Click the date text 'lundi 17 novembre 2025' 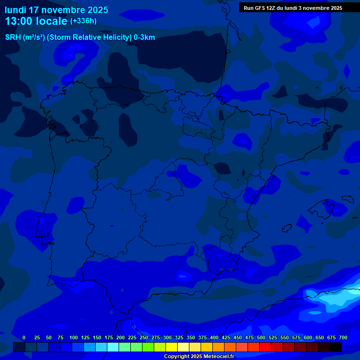[x=56, y=10]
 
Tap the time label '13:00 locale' [x=36, y=21]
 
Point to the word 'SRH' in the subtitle [x=13, y=37]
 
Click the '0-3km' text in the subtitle [x=144, y=37]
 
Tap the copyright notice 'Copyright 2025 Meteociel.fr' [x=199, y=357]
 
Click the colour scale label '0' [x=24, y=337]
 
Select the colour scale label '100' [x=74, y=337]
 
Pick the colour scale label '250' [x=144, y=337]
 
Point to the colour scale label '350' [x=191, y=337]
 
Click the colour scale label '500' [x=261, y=337]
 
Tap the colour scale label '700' [x=343, y=337]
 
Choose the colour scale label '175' [x=109, y=337]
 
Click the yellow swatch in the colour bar [x=172, y=347]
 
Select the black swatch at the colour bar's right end [x=336, y=347]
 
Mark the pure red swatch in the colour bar [x=265, y=347]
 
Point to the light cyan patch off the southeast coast [x=335, y=298]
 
